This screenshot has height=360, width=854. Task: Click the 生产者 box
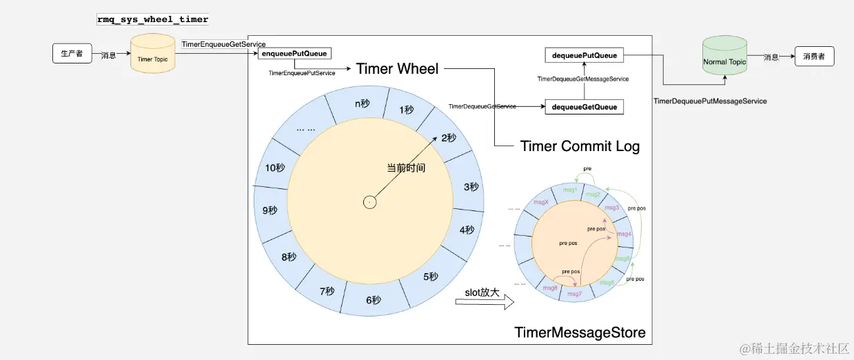coord(72,53)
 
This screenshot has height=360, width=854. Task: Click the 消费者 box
coord(814,57)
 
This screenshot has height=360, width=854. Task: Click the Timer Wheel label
coord(397,68)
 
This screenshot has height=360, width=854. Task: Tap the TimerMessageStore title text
coord(580,333)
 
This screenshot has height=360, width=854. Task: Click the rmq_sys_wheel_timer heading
coord(152,19)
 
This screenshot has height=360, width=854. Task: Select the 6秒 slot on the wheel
coord(373,300)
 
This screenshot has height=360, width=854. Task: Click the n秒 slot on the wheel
coord(363,103)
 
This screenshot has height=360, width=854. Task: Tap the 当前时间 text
coord(405,168)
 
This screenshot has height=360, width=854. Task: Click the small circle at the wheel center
coord(370,202)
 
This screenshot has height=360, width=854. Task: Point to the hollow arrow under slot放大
coord(485,302)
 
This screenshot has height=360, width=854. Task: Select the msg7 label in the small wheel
coord(574,294)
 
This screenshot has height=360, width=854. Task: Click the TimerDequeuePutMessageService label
coord(710,101)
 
